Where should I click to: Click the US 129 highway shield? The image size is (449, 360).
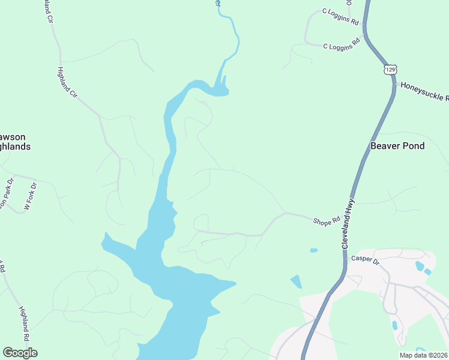[391, 70]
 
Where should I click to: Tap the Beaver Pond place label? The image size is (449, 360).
[397, 146]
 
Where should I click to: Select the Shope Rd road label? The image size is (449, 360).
[327, 222]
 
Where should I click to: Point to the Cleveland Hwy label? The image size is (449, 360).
[349, 224]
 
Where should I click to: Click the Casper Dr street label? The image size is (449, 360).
[366, 260]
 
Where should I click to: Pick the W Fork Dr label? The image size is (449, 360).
[31, 196]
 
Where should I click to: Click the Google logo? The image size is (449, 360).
[20, 353]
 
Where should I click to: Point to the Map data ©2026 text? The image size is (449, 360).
[424, 355]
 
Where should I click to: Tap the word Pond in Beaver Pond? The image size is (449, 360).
[414, 146]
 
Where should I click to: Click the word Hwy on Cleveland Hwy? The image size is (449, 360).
[352, 208]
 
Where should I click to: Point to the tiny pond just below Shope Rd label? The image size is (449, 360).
[313, 250]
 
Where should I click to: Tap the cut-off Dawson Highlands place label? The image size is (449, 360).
[15, 142]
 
